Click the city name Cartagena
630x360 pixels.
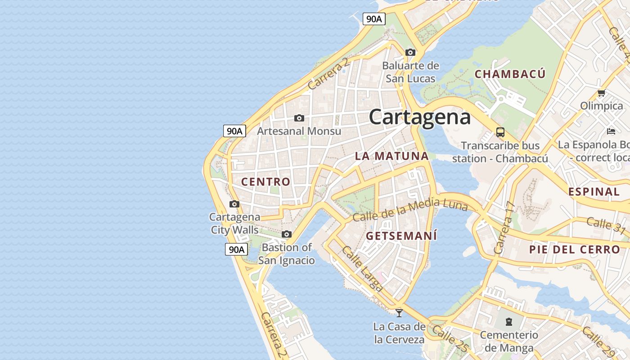(x=420, y=117)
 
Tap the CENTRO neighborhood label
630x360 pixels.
(x=266, y=182)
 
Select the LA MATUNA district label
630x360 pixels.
(x=391, y=156)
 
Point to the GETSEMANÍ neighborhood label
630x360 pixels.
(x=401, y=236)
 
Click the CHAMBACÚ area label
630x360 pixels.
(x=510, y=74)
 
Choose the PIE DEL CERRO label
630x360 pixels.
(x=574, y=249)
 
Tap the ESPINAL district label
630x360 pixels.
(x=594, y=192)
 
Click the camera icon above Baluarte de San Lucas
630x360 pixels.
(x=410, y=52)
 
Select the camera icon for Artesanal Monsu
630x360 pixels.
(x=299, y=118)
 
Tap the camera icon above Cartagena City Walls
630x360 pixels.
(x=234, y=204)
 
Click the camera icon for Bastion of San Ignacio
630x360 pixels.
(x=286, y=234)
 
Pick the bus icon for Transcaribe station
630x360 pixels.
(x=500, y=132)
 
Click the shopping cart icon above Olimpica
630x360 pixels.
(x=601, y=93)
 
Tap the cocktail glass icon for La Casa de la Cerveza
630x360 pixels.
(x=399, y=313)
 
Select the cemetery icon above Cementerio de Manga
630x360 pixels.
(x=508, y=322)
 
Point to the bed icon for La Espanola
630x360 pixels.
(x=611, y=131)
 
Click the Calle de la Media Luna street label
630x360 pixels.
(x=410, y=210)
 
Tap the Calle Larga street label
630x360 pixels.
(x=362, y=268)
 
